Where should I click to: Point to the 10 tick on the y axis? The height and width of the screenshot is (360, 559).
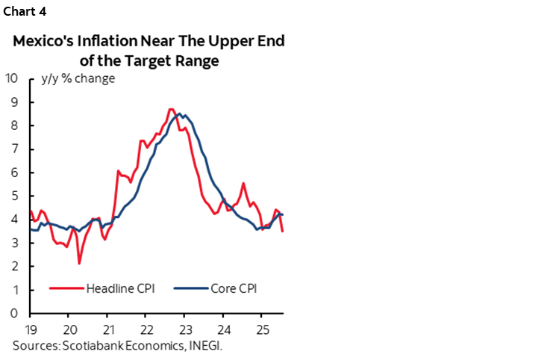(12, 78)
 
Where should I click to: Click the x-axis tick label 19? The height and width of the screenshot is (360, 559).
(30, 329)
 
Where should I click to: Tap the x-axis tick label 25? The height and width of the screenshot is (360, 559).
(262, 329)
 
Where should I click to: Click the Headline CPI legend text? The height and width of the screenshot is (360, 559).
(120, 288)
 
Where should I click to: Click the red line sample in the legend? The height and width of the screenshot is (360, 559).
(66, 288)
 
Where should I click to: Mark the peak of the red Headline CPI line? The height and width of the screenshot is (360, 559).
(170, 109)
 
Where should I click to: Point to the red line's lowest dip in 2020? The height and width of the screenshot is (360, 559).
(78, 263)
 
